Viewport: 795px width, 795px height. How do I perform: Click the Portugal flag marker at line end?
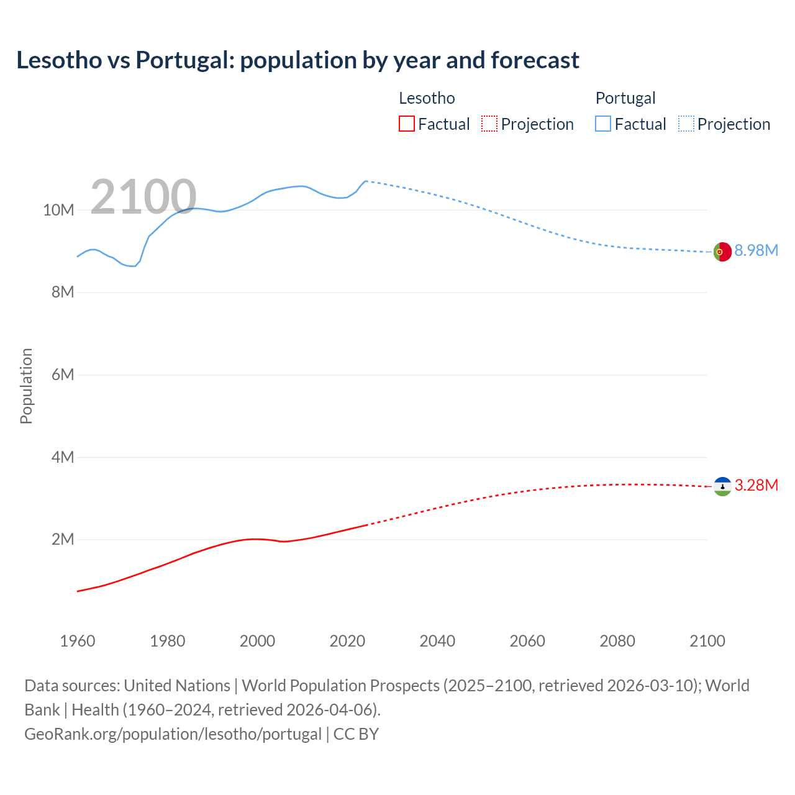pos(722,252)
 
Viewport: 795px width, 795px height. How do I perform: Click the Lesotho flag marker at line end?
pos(722,486)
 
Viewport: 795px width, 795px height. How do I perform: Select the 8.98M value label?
pos(756,250)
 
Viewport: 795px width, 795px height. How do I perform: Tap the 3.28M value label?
pos(756,485)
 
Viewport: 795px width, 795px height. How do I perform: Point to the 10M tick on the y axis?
pos(58,210)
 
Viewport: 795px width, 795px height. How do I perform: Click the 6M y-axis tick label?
pos(63,375)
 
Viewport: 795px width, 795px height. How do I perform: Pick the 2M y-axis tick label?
pos(63,539)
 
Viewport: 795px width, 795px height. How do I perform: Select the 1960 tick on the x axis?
pos(78,641)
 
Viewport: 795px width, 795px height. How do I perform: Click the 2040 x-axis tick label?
pos(437,641)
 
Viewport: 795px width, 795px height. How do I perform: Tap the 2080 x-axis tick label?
pos(617,641)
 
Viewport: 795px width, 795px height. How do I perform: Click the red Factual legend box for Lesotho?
pos(407,124)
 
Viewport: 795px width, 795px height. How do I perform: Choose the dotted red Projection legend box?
pos(489,124)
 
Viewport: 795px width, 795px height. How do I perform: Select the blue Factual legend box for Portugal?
pos(603,124)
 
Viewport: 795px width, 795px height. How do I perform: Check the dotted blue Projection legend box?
pos(686,124)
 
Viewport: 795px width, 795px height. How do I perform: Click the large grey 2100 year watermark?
pos(143,197)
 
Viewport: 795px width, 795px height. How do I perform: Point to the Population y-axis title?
pos(26,386)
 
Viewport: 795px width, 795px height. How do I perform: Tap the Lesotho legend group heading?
pos(427,98)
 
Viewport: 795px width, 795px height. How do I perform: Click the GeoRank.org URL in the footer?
pos(173,734)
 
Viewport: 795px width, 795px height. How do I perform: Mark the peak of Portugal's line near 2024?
pos(366,181)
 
